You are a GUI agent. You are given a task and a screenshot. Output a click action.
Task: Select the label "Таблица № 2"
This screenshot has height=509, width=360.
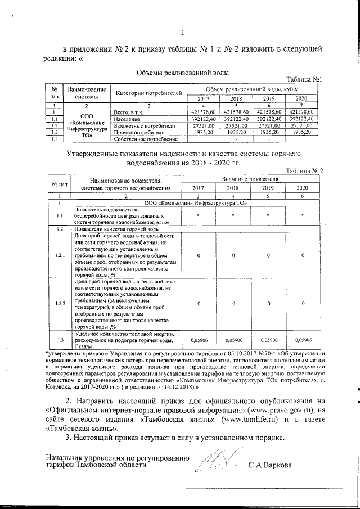coord(304,170)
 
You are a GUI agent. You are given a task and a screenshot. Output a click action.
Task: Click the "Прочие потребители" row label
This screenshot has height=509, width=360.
coord(137,133)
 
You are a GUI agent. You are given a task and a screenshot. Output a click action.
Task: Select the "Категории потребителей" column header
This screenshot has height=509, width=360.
coord(148,92)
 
